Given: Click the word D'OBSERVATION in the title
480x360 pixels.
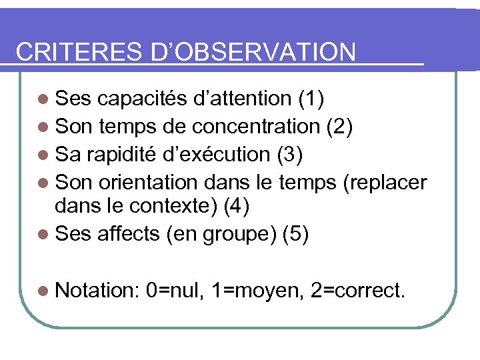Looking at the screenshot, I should (254, 52).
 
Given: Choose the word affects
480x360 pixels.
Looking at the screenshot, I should (129, 234).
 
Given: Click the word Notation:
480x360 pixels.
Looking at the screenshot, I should (97, 291).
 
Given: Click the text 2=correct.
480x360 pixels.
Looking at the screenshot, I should (357, 291).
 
